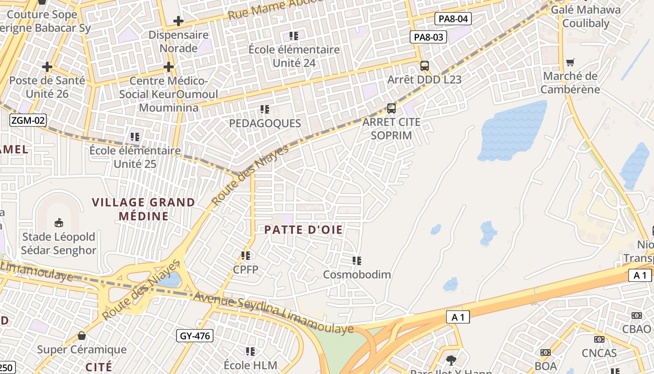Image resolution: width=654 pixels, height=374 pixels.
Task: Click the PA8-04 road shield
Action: pos(453,19)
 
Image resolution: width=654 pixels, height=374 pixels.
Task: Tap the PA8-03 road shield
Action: pos(428,37)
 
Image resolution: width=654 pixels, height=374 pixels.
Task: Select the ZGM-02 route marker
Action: pos(28,121)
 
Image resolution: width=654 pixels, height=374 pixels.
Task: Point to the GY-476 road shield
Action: pos(195,335)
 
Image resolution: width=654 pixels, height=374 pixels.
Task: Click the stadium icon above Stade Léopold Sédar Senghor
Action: pos(59,223)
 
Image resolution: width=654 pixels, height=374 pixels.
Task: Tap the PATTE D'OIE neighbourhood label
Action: pos(304,230)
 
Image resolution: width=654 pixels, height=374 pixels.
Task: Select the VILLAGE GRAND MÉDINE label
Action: pos(143,209)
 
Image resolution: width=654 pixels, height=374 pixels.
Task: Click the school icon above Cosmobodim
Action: pos(357,260)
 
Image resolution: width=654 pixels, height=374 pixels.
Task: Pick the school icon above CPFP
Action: pos(246,255)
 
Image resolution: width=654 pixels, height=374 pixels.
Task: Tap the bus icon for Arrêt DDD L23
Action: pos(424,66)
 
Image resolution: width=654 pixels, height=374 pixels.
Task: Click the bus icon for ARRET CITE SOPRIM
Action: pos(391,108)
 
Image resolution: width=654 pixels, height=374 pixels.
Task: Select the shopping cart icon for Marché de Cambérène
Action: pos(570,62)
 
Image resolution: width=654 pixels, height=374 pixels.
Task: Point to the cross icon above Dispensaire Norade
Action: pos(178,21)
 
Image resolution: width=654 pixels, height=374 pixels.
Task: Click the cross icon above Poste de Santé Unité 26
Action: pos(47,67)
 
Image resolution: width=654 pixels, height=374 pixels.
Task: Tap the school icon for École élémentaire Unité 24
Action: pos(294,36)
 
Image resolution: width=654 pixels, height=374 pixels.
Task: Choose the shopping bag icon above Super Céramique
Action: pos(82,336)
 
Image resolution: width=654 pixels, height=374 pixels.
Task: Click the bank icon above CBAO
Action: pos(636,316)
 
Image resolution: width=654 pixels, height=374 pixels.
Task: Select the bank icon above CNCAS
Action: pos(599,339)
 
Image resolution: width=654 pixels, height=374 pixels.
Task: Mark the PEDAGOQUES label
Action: pos(265,123)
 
